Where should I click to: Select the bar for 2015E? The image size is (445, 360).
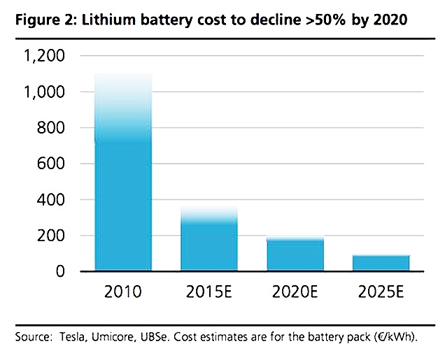(209, 240)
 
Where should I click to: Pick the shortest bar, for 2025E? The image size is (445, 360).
(381, 263)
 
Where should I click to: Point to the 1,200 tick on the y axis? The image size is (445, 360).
(46, 56)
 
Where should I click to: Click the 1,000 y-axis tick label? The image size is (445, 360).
(46, 92)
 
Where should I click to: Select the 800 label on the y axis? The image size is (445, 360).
(53, 128)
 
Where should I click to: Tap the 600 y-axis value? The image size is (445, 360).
(53, 164)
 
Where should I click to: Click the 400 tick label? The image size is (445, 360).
(53, 200)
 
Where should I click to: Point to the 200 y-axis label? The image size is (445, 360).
(53, 236)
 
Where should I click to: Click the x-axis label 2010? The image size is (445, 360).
(124, 292)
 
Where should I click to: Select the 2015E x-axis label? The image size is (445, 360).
(210, 292)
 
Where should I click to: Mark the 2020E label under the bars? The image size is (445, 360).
(296, 292)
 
